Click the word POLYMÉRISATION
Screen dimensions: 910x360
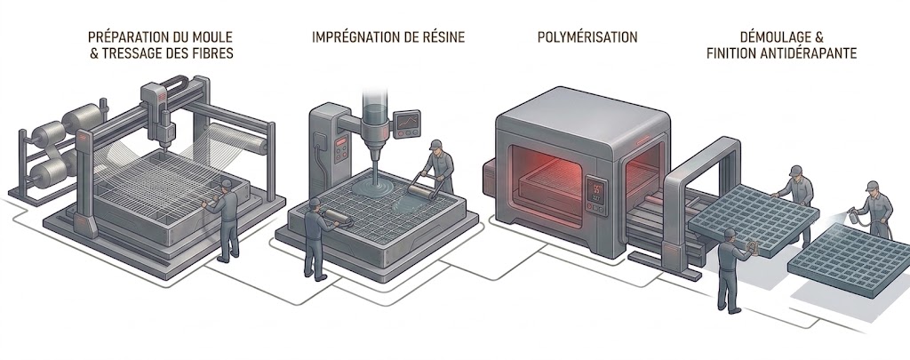[x=587, y=37]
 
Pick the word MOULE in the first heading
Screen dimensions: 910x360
[x=213, y=37]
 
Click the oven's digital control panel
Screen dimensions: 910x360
[x=596, y=195]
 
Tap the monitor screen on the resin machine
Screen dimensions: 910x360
[x=407, y=124]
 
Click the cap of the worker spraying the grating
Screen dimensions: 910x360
[x=872, y=186]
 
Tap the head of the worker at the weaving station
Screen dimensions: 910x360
[x=226, y=184]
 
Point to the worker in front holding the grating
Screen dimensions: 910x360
[x=730, y=270]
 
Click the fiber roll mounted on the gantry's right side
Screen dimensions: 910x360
[x=239, y=138]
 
